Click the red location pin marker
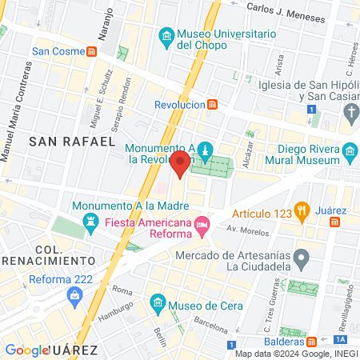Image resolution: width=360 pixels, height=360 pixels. click(181, 164)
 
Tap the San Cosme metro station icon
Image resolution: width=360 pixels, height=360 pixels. click(93, 52)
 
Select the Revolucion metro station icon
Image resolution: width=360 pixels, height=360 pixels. click(212, 104)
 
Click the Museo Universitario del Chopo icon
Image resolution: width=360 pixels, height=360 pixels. click(166, 35)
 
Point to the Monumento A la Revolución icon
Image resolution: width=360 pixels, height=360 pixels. click(206, 151)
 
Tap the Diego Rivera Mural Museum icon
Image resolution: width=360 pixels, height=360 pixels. click(350, 151)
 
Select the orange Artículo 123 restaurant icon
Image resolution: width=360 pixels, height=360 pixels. click(301, 212)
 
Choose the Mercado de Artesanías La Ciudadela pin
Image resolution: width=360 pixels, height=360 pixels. click(302, 258)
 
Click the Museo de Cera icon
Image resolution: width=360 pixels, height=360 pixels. click(157, 304)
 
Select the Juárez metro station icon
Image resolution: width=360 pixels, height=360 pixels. click(338, 220)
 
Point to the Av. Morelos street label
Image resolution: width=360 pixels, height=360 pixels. click(246, 230)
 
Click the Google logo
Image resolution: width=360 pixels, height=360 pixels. click(27, 350)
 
